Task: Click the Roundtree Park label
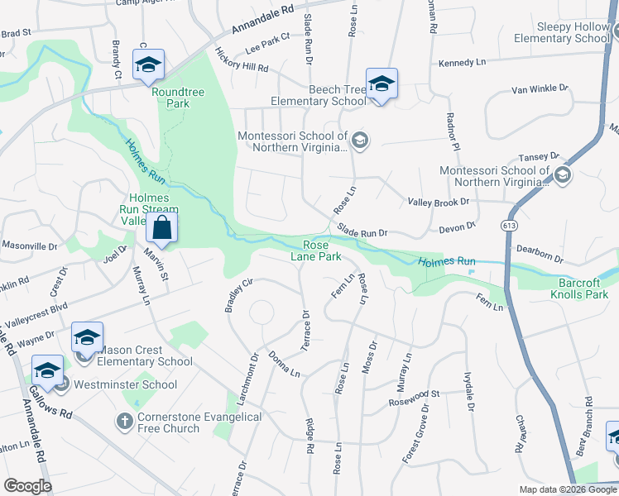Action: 171,98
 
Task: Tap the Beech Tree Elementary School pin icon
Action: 381,83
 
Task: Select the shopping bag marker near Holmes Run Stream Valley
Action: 163,227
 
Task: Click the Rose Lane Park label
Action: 315,250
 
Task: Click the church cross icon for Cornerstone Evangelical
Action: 123,422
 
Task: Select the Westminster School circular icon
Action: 61,384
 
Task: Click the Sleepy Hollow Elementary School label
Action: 561,32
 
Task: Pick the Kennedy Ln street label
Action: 462,63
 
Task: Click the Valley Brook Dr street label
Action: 439,202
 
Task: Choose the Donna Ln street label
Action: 283,364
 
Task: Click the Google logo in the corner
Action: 27,486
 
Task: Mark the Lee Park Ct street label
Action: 268,43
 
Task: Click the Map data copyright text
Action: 567,489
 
